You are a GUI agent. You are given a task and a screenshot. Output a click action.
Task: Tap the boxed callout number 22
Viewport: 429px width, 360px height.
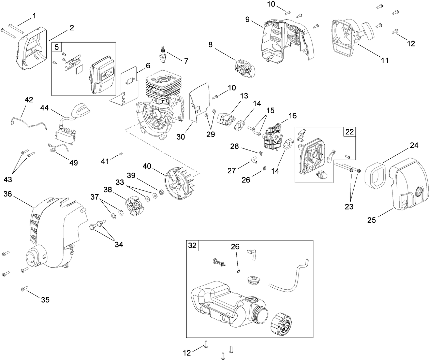point(350,132)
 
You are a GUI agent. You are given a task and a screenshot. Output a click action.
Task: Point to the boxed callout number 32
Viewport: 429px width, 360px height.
point(192,246)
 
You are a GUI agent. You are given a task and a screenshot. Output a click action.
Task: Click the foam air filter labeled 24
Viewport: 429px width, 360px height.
point(374,175)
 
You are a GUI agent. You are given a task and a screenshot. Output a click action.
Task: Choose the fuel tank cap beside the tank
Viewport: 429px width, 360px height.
point(282,324)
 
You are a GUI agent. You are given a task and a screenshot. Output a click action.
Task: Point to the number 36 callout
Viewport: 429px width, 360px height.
point(8,194)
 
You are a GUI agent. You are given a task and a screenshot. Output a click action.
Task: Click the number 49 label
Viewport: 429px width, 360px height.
point(73,163)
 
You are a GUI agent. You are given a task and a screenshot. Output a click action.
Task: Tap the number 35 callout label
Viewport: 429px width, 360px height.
point(45,300)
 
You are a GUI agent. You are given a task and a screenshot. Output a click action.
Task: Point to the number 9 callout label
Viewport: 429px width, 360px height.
point(248,19)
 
